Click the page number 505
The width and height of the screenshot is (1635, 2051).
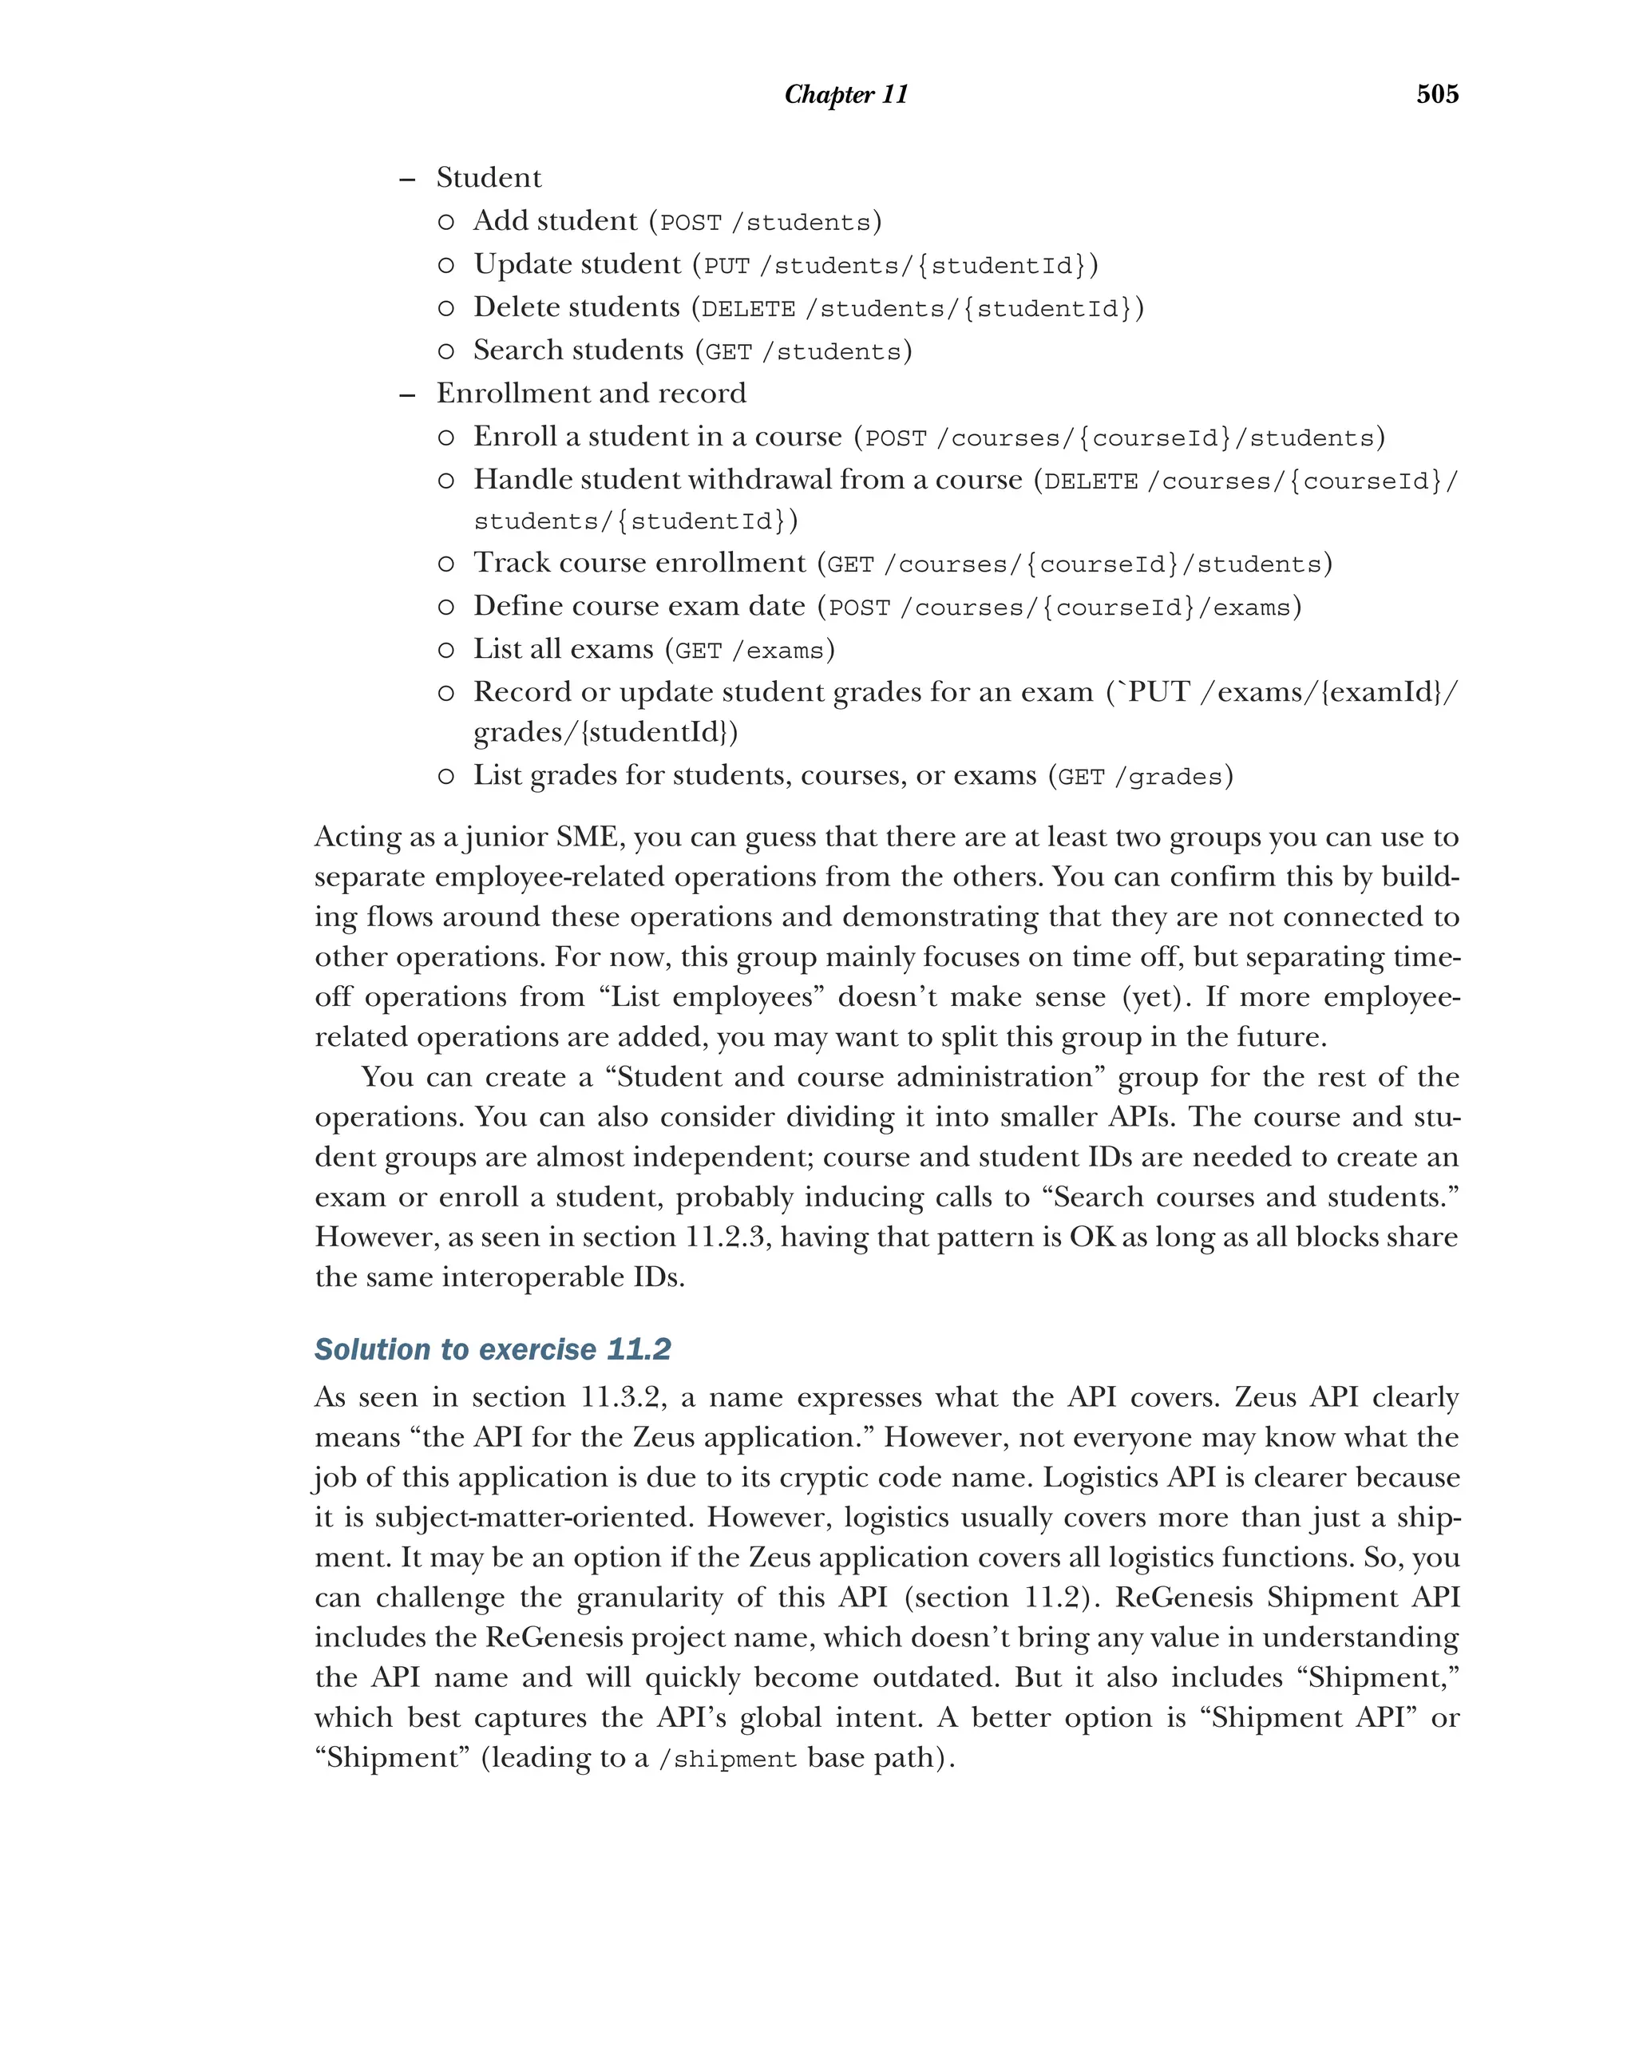point(1436,94)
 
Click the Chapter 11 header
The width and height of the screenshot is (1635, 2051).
point(845,94)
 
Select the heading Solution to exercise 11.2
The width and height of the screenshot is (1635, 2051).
point(492,1349)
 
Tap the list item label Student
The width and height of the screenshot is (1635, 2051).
point(488,178)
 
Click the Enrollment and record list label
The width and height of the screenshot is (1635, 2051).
point(591,393)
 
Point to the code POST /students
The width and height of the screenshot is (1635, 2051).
point(765,223)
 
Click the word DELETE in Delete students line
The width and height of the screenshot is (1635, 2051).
point(747,309)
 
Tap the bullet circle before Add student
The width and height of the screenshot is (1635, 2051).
point(445,223)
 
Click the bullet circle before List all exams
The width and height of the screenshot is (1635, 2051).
point(445,651)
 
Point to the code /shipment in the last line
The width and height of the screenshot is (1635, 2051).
point(726,1759)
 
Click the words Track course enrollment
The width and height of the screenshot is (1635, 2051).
point(639,563)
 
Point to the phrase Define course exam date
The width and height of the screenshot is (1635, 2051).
point(639,606)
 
